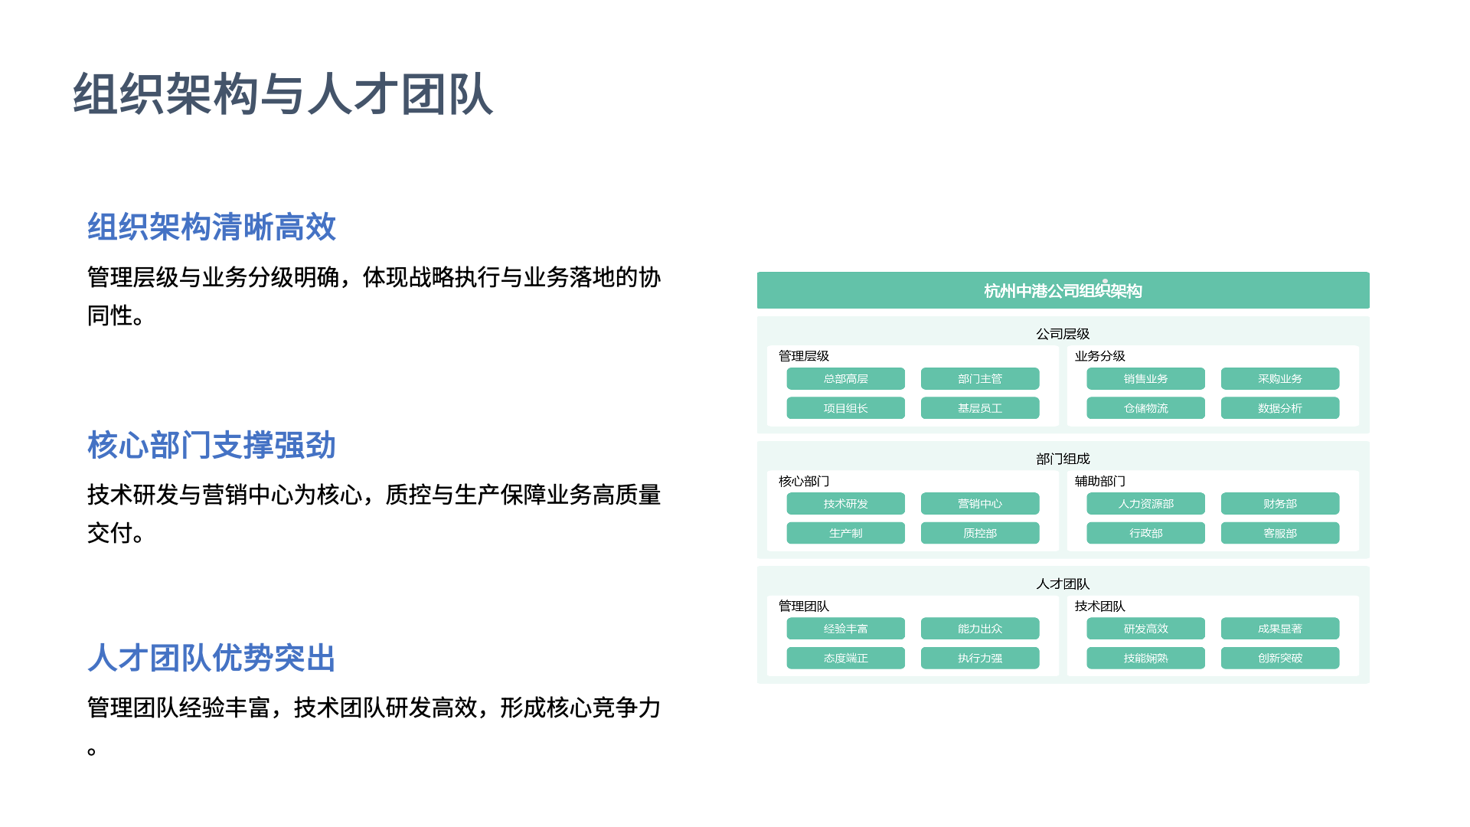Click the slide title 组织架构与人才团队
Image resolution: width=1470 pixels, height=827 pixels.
(283, 94)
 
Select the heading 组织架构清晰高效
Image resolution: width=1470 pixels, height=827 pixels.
(212, 227)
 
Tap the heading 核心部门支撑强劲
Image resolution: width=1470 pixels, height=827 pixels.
(212, 445)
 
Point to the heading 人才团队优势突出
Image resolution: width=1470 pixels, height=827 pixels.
(212, 658)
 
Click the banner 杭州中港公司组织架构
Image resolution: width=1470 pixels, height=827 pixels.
(1063, 290)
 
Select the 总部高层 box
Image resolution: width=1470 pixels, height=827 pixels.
(845, 379)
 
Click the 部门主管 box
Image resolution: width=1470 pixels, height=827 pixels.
(980, 379)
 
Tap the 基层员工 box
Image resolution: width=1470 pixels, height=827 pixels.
(980, 408)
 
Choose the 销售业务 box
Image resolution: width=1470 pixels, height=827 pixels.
(1145, 379)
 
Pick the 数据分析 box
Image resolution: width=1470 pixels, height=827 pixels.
(1280, 408)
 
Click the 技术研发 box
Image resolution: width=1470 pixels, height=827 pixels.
(845, 504)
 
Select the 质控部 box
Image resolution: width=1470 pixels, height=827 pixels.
(980, 533)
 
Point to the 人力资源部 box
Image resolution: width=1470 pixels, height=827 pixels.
(1145, 504)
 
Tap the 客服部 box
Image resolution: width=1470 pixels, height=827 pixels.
(1280, 533)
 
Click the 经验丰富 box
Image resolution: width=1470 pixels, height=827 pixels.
(845, 629)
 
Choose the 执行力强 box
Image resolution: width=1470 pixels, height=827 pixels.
(980, 658)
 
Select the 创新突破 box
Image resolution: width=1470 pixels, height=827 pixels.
(1280, 658)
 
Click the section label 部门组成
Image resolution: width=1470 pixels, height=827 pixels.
(1063, 459)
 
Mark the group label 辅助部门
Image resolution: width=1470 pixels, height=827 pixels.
(1099, 481)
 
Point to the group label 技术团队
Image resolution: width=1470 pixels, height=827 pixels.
(1099, 606)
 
